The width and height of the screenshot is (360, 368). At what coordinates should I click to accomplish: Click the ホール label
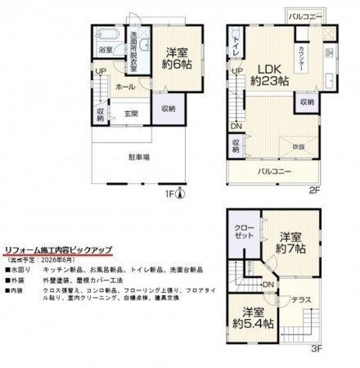(x=126, y=86)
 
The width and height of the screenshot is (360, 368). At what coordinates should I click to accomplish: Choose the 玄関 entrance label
(x=131, y=114)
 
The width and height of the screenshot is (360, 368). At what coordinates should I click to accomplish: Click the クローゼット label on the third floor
(x=244, y=230)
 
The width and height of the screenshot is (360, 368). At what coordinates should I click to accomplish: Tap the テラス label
(x=299, y=299)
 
